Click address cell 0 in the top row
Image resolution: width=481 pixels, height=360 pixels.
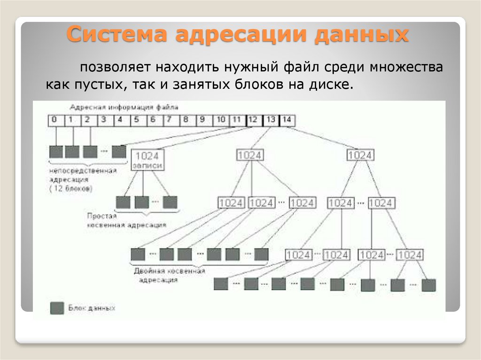click(55, 120)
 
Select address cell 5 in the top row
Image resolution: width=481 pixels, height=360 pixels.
click(136, 120)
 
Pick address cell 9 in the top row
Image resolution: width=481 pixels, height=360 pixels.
click(202, 120)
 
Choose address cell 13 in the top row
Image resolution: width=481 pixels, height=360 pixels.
click(271, 120)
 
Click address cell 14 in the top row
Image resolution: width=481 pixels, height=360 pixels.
click(287, 120)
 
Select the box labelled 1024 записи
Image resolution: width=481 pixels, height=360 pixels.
click(147, 161)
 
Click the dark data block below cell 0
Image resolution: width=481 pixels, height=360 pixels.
click(56, 152)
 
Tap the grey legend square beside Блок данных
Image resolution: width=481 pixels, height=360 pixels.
click(57, 308)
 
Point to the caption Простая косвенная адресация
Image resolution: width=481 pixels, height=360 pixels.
click(126, 220)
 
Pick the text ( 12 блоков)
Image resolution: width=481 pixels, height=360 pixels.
click(70, 188)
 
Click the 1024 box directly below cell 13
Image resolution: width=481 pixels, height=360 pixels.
click(250, 155)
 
